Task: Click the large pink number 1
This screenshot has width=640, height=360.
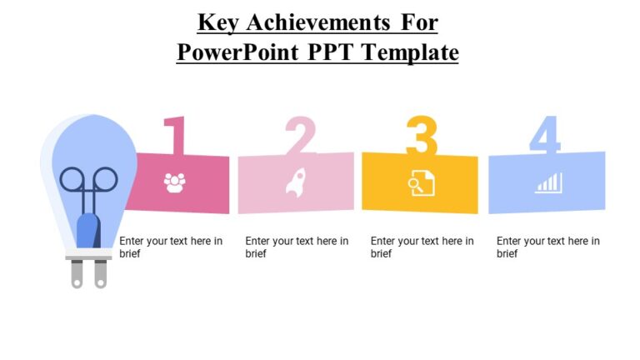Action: click(x=174, y=136)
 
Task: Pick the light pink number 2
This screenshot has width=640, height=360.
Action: click(x=300, y=136)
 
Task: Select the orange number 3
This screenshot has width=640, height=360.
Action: click(x=422, y=136)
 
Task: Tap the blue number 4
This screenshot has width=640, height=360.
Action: click(x=544, y=136)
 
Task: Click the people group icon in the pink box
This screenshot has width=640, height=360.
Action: click(x=174, y=182)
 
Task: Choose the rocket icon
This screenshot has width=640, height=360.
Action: click(x=296, y=182)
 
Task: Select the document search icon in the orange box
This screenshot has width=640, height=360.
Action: click(x=421, y=182)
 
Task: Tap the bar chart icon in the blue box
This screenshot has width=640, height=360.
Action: click(x=548, y=182)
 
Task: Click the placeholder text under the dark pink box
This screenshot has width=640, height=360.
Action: click(x=171, y=247)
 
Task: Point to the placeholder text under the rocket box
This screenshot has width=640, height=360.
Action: click(x=297, y=247)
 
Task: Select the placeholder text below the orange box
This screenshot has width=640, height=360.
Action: click(x=422, y=247)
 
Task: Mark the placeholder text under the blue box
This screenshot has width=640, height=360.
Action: click(x=548, y=247)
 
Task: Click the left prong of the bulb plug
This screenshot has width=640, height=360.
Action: click(x=77, y=274)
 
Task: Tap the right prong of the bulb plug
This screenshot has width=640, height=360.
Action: click(x=101, y=274)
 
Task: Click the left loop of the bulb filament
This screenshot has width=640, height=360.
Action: click(x=72, y=179)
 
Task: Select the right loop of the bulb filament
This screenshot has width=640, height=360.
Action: click(x=105, y=179)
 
